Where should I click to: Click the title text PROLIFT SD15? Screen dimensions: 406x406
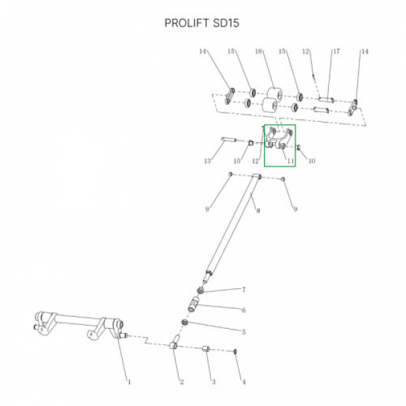pos(202,23)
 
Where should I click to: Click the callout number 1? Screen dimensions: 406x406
pos(129,382)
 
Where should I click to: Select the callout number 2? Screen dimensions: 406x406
pos(182,382)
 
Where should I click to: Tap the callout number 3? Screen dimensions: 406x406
pos(213,382)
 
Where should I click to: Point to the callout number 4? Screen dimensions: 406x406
pos(244,382)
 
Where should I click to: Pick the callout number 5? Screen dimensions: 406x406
pos(244,332)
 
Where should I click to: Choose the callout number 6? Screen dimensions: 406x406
pos(244,310)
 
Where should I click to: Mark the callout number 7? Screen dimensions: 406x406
pos(244,290)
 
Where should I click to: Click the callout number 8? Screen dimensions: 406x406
pos(258,210)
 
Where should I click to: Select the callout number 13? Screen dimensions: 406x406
pos(208,161)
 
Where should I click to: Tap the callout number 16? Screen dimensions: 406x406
pos(258,51)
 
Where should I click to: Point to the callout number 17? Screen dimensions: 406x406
pos(336,51)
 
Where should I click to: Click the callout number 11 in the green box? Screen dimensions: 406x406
pos(291,161)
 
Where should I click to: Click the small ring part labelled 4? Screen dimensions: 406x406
pos(235,352)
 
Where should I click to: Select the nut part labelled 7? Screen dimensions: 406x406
pos(200,290)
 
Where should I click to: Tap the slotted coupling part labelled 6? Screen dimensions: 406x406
pos(194,304)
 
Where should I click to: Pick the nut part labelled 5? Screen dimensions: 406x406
pos(185,322)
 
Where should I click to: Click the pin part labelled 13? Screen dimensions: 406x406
pos(229,140)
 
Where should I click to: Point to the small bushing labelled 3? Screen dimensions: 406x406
pos(206,348)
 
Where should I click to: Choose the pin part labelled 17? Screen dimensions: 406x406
pos(326,99)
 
